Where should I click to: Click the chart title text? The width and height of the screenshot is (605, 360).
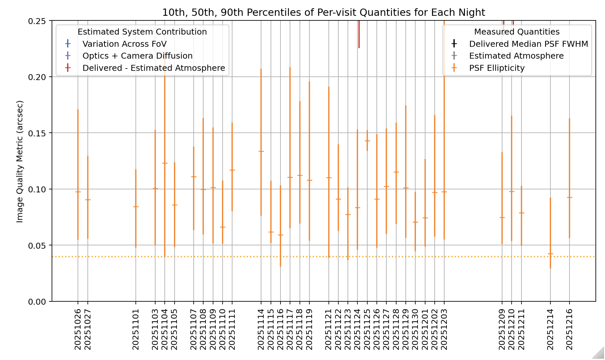(x=324, y=13)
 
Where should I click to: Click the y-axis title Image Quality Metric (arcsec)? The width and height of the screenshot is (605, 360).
(x=20, y=161)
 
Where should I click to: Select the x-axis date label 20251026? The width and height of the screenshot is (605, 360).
(x=78, y=329)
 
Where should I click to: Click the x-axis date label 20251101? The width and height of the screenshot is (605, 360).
(x=136, y=329)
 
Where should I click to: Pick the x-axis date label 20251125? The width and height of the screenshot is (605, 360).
(x=367, y=329)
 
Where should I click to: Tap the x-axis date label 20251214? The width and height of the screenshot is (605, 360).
(x=550, y=329)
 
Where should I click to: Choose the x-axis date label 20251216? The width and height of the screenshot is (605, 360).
(x=569, y=329)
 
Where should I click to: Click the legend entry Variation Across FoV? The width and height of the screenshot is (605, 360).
(x=124, y=44)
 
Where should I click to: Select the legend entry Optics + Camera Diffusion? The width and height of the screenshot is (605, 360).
(x=137, y=56)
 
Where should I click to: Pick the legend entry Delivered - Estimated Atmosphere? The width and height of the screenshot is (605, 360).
(x=154, y=68)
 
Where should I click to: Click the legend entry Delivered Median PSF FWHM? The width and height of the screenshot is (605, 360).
(x=528, y=44)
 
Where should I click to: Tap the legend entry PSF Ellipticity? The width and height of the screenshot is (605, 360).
(x=496, y=68)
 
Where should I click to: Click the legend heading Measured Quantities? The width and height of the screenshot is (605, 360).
(x=517, y=32)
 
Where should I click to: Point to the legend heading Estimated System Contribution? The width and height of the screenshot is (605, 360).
(x=142, y=32)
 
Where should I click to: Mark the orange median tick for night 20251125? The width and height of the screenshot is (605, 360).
(x=367, y=141)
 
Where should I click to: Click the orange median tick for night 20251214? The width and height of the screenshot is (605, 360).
(x=550, y=254)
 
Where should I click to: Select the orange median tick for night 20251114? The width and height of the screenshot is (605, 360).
(x=261, y=151)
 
